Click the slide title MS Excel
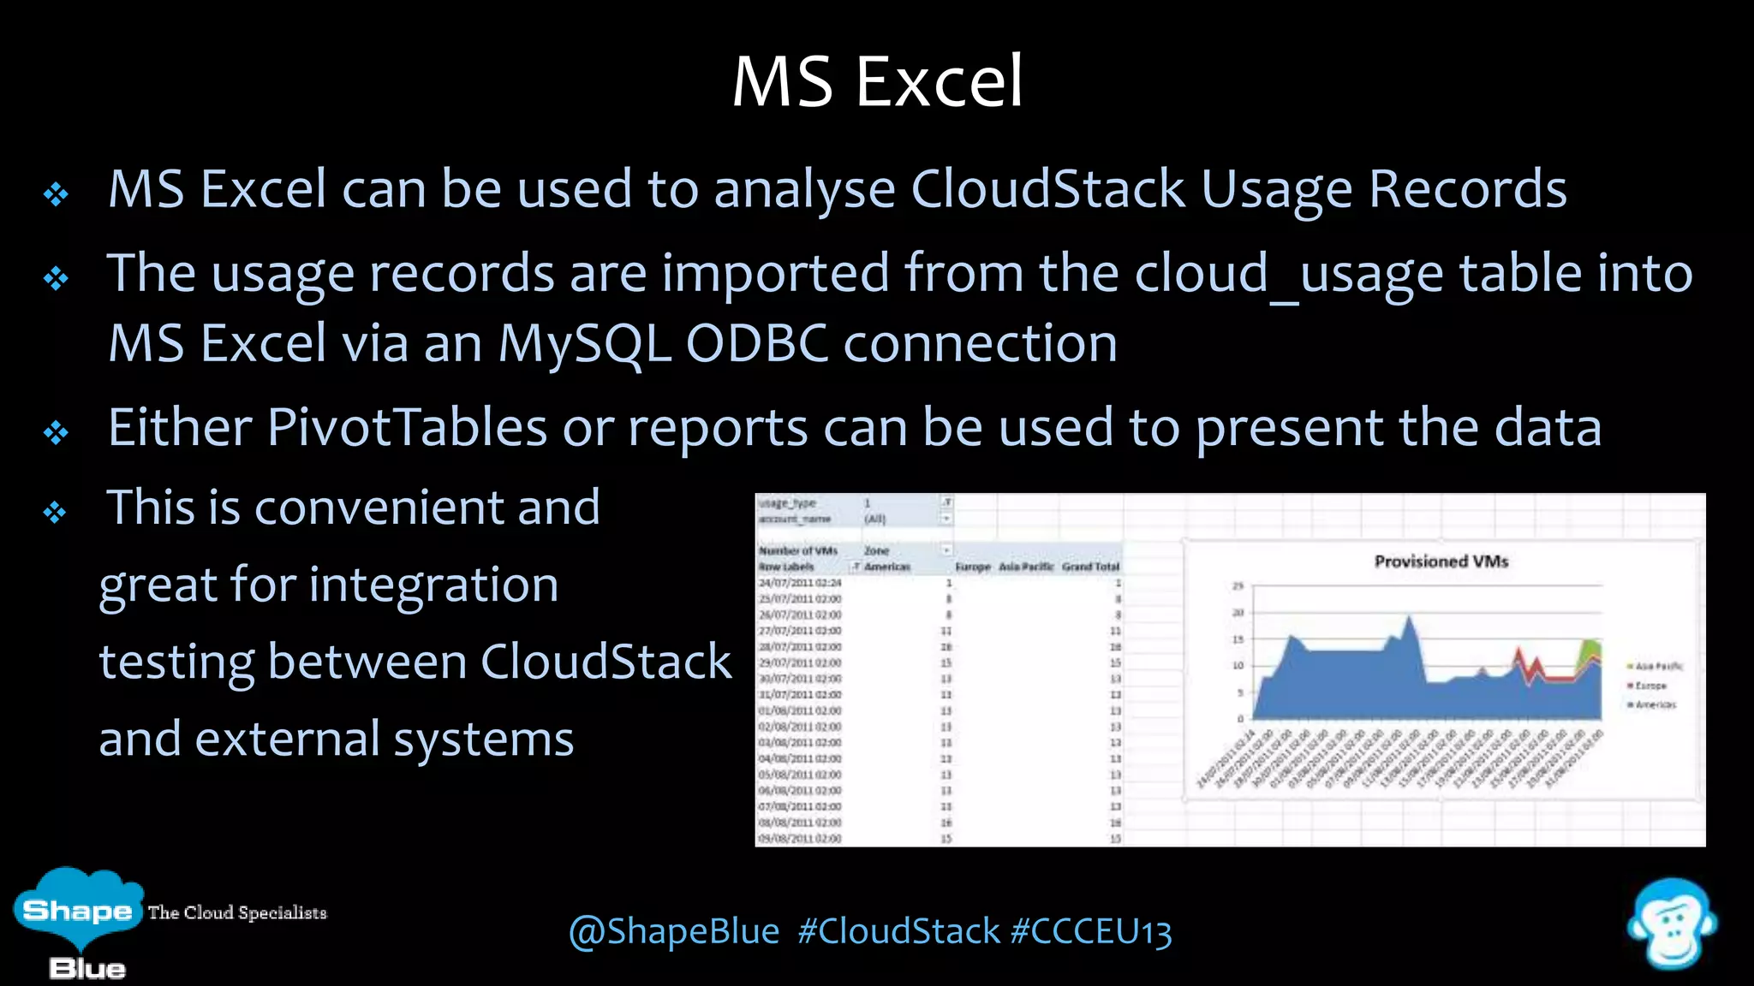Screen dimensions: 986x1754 point(877,81)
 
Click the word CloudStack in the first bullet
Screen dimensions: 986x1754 point(1047,189)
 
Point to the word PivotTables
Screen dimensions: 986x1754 point(407,427)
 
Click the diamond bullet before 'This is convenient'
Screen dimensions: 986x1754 point(56,513)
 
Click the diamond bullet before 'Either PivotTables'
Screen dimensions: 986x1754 point(56,432)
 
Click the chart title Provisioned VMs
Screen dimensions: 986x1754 point(1441,561)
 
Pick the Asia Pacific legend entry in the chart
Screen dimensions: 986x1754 point(1657,666)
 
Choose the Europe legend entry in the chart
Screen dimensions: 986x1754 point(1650,686)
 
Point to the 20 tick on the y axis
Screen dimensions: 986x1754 point(1238,613)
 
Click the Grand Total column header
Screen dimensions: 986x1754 point(1090,567)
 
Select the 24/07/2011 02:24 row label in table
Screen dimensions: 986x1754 point(800,583)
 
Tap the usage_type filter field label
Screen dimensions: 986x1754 point(787,503)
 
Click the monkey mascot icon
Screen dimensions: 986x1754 point(1671,924)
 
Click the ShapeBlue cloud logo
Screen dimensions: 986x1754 point(77,912)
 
